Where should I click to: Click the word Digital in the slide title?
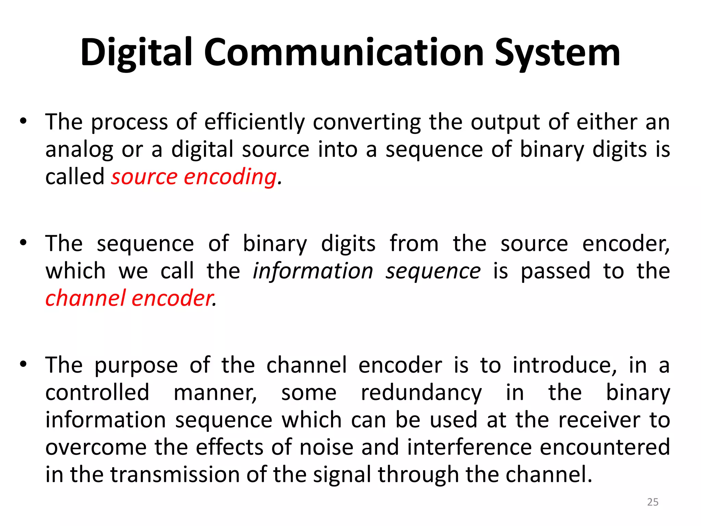(137, 53)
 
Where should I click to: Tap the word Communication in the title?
(344, 53)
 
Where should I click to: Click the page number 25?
(652, 502)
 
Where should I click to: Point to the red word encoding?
(230, 177)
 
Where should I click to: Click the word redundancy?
(421, 393)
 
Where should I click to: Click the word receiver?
(599, 420)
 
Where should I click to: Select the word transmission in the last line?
(175, 475)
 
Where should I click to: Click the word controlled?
(97, 392)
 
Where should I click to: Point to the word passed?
(556, 271)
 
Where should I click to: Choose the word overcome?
(96, 447)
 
